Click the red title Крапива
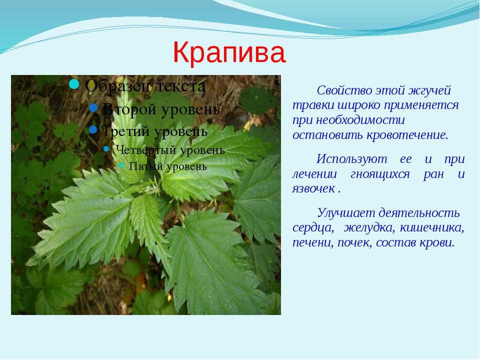pos(229,52)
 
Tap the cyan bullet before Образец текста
pos(74,84)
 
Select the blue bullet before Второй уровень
pos(93,107)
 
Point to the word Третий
pos(126,131)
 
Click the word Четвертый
pos(145,150)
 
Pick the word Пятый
pos(141,166)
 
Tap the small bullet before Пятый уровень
pos(121,165)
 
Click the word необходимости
pos(360,120)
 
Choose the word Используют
pos(351,159)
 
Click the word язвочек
pos(313,188)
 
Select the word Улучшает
pos(346,213)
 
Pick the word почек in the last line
pos(355,243)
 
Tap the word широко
pos(359,105)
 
